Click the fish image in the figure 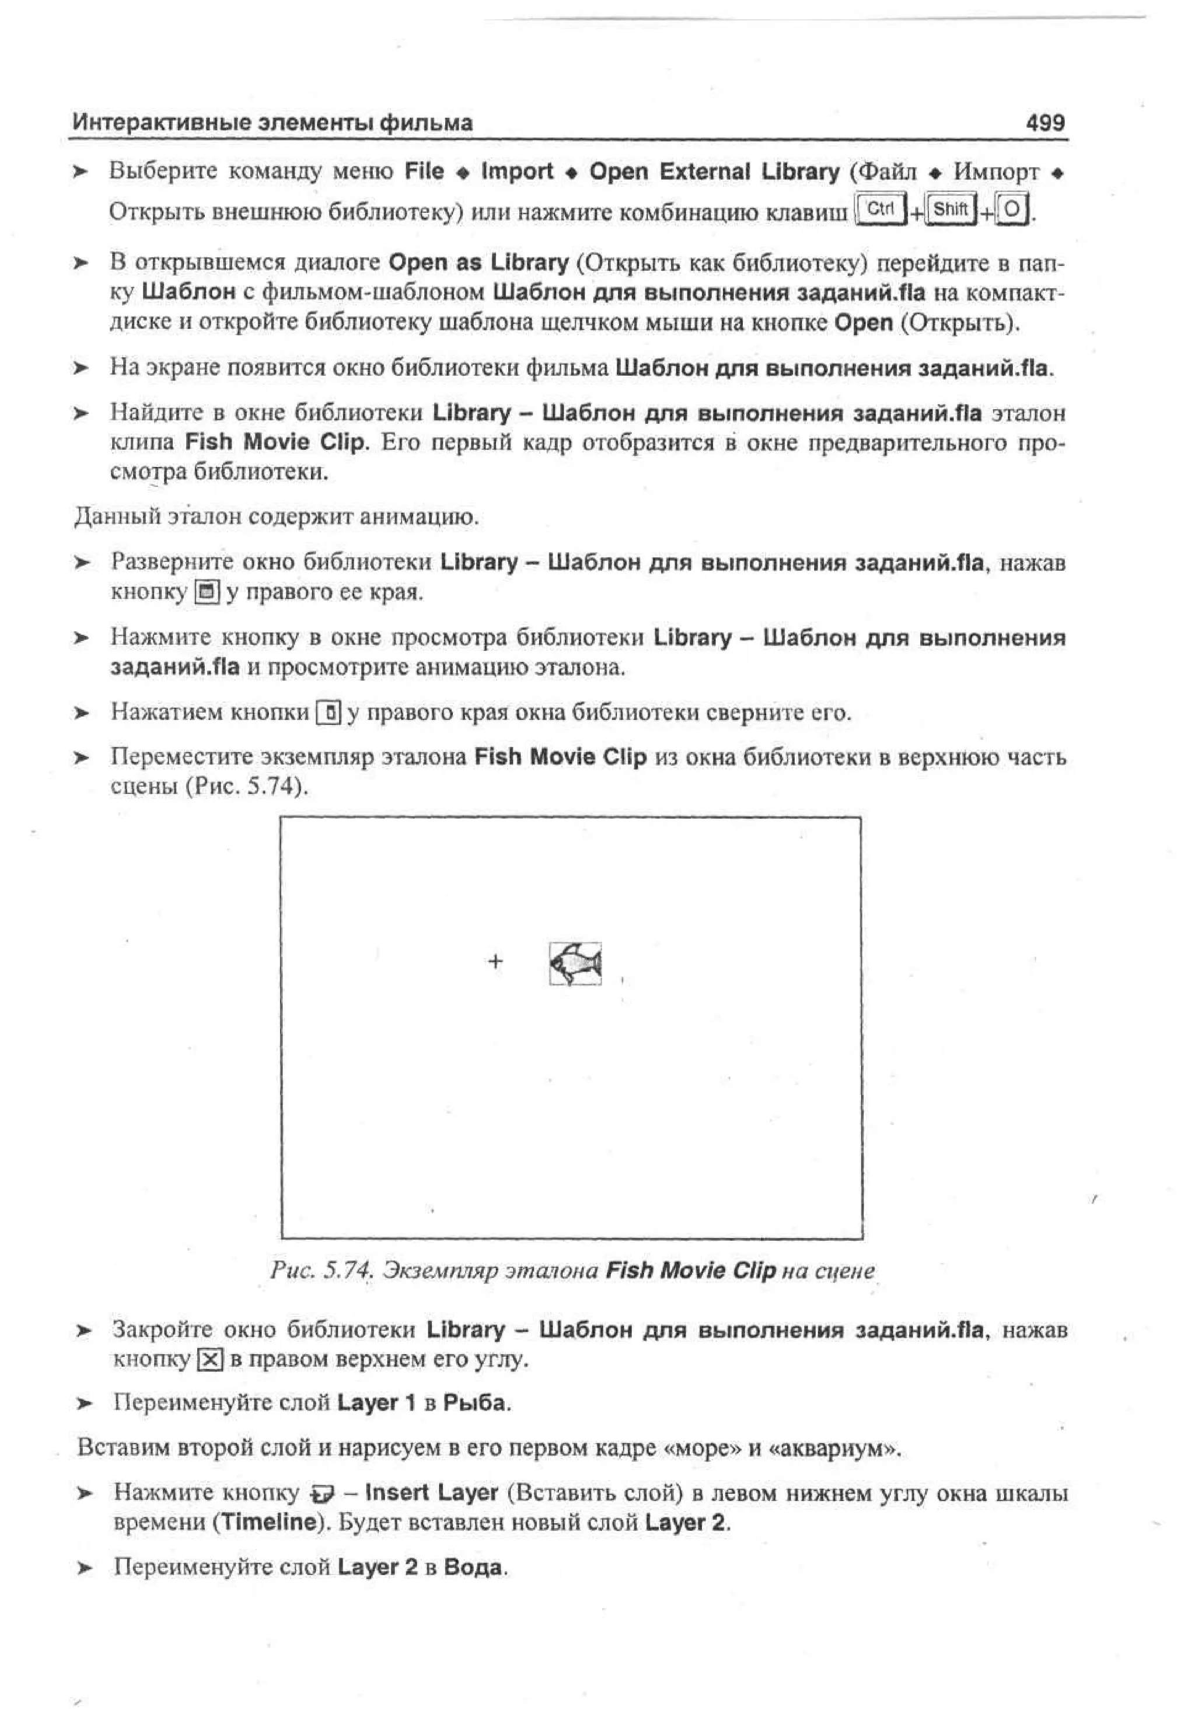point(575,963)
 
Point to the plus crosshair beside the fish point(495,961)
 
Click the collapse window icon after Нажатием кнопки point(329,712)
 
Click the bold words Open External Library point(714,171)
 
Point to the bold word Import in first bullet point(517,171)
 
